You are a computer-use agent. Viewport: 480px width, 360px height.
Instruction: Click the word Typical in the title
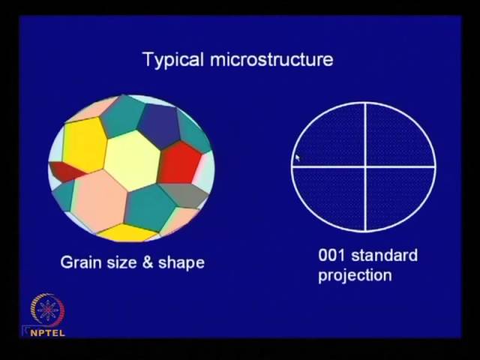(173, 60)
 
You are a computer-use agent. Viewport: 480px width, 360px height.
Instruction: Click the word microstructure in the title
(271, 59)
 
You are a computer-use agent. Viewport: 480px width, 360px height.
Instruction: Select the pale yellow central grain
(132, 160)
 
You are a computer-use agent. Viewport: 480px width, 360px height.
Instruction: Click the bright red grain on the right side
(180, 162)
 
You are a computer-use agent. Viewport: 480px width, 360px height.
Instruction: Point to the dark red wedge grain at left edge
(66, 172)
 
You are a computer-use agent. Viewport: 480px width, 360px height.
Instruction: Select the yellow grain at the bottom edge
(126, 233)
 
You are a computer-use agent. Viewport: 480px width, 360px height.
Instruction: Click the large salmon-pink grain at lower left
(100, 200)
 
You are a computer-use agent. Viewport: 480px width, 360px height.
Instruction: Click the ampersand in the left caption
(147, 262)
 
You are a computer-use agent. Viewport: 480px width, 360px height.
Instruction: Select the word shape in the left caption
(181, 263)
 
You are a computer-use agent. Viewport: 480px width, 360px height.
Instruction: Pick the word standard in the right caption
(384, 255)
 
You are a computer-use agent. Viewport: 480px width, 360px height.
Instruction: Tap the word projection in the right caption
(355, 275)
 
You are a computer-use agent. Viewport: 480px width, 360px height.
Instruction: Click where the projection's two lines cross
(365, 166)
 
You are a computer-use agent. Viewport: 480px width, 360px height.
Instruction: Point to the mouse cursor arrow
(298, 158)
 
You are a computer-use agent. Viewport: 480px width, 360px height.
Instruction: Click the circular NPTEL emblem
(47, 310)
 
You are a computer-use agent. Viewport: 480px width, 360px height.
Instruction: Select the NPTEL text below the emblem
(48, 333)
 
